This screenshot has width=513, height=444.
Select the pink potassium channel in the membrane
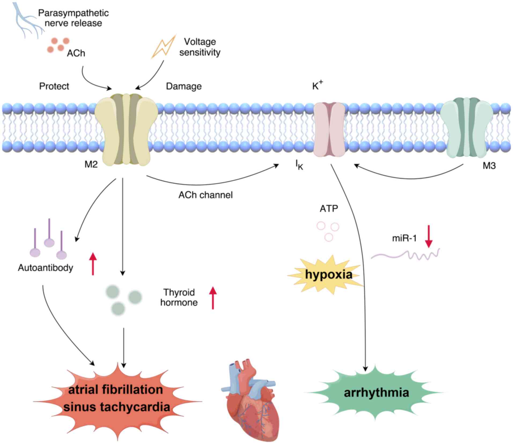pos(329,129)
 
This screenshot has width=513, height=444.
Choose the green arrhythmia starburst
pos(376,393)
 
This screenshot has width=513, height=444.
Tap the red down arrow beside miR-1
pos(429,236)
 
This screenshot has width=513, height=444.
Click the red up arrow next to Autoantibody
pos(93,264)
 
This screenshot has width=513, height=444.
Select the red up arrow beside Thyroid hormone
pos(213,298)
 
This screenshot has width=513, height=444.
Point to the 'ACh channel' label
pos(205,195)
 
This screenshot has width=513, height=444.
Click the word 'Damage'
pos(184,86)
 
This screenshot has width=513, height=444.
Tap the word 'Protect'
pos(54,86)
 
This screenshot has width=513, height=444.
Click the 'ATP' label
pos(329,209)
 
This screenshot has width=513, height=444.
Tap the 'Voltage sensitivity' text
pos(200,47)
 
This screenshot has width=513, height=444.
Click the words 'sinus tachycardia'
pos(117,407)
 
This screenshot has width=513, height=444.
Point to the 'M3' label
pos(489,166)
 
